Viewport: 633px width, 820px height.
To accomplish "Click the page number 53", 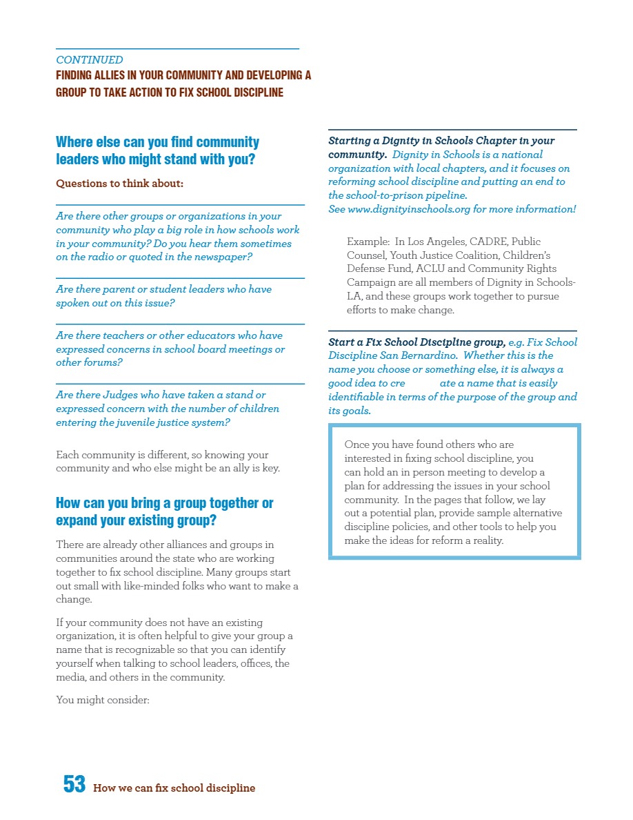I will [74, 784].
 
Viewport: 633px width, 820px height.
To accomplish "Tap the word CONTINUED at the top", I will [90, 60].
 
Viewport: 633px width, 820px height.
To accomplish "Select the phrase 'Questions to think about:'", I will [119, 184].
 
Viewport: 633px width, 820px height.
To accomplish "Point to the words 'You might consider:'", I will [103, 699].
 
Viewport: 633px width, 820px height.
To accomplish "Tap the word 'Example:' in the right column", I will [368, 242].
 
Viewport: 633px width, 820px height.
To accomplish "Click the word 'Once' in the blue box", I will [357, 445].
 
